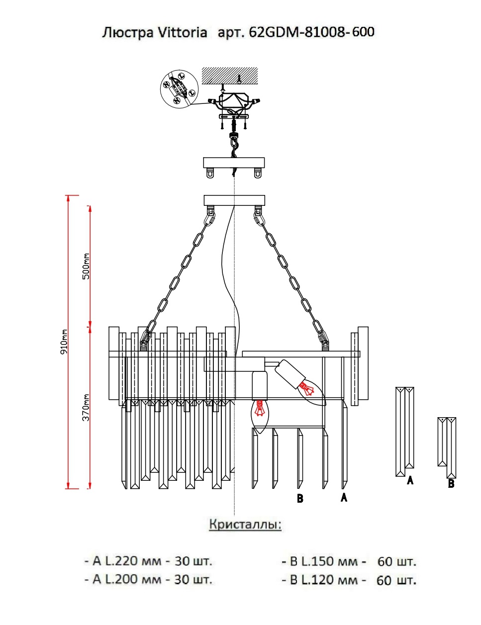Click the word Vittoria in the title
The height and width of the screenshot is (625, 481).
182,32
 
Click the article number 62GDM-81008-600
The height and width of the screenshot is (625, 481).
311,32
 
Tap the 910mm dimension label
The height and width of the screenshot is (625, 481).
64,342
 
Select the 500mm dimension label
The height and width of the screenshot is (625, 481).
86,266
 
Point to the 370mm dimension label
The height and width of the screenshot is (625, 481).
86,408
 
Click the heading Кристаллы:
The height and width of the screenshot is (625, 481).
245,525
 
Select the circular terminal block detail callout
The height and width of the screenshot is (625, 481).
179,88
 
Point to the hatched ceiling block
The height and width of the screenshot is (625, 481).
230,76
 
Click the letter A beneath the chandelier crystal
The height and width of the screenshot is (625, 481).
344,497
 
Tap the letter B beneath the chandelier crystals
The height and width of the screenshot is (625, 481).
300,498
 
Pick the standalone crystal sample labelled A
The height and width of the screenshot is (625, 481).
405,431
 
